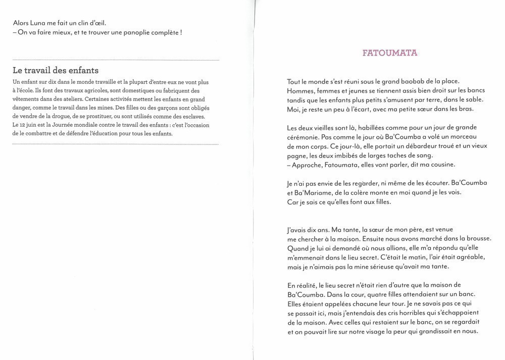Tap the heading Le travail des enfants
click(x=56, y=70)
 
